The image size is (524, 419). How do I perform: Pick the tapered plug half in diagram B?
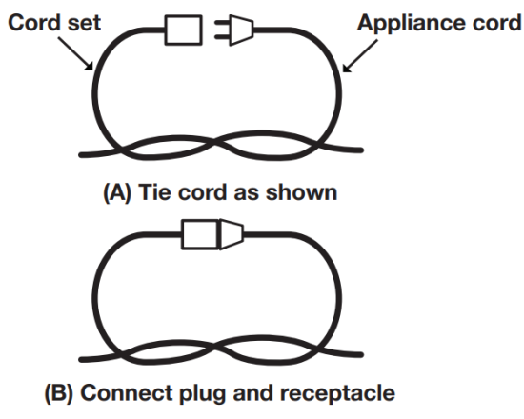coord(231,231)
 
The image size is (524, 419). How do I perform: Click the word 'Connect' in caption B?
coord(128,392)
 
